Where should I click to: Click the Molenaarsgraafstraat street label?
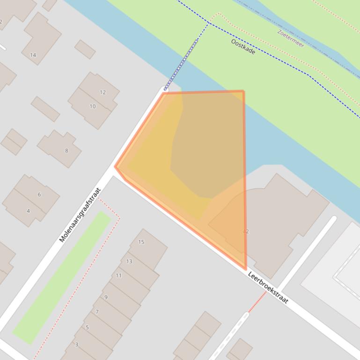coord(80,215)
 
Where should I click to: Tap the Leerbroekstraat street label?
coord(268,287)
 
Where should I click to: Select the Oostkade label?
coord(243,46)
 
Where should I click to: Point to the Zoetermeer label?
coord(290,38)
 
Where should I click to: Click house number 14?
coord(33,55)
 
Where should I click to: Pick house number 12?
coord(103,93)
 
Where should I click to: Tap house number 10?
coord(92,107)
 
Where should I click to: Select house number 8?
coord(66,151)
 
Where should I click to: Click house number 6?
coord(39,194)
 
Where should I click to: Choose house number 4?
coord(28,211)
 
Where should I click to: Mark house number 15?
coord(141,242)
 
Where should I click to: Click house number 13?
coord(129,261)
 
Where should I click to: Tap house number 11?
coord(118,276)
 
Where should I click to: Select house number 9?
coord(106,297)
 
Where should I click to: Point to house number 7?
coord(97,312)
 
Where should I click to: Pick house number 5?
coord(87,328)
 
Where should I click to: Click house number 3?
coord(76,345)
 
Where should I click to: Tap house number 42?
coord(246,231)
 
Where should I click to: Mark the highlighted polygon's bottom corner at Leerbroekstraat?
coord(246,269)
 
